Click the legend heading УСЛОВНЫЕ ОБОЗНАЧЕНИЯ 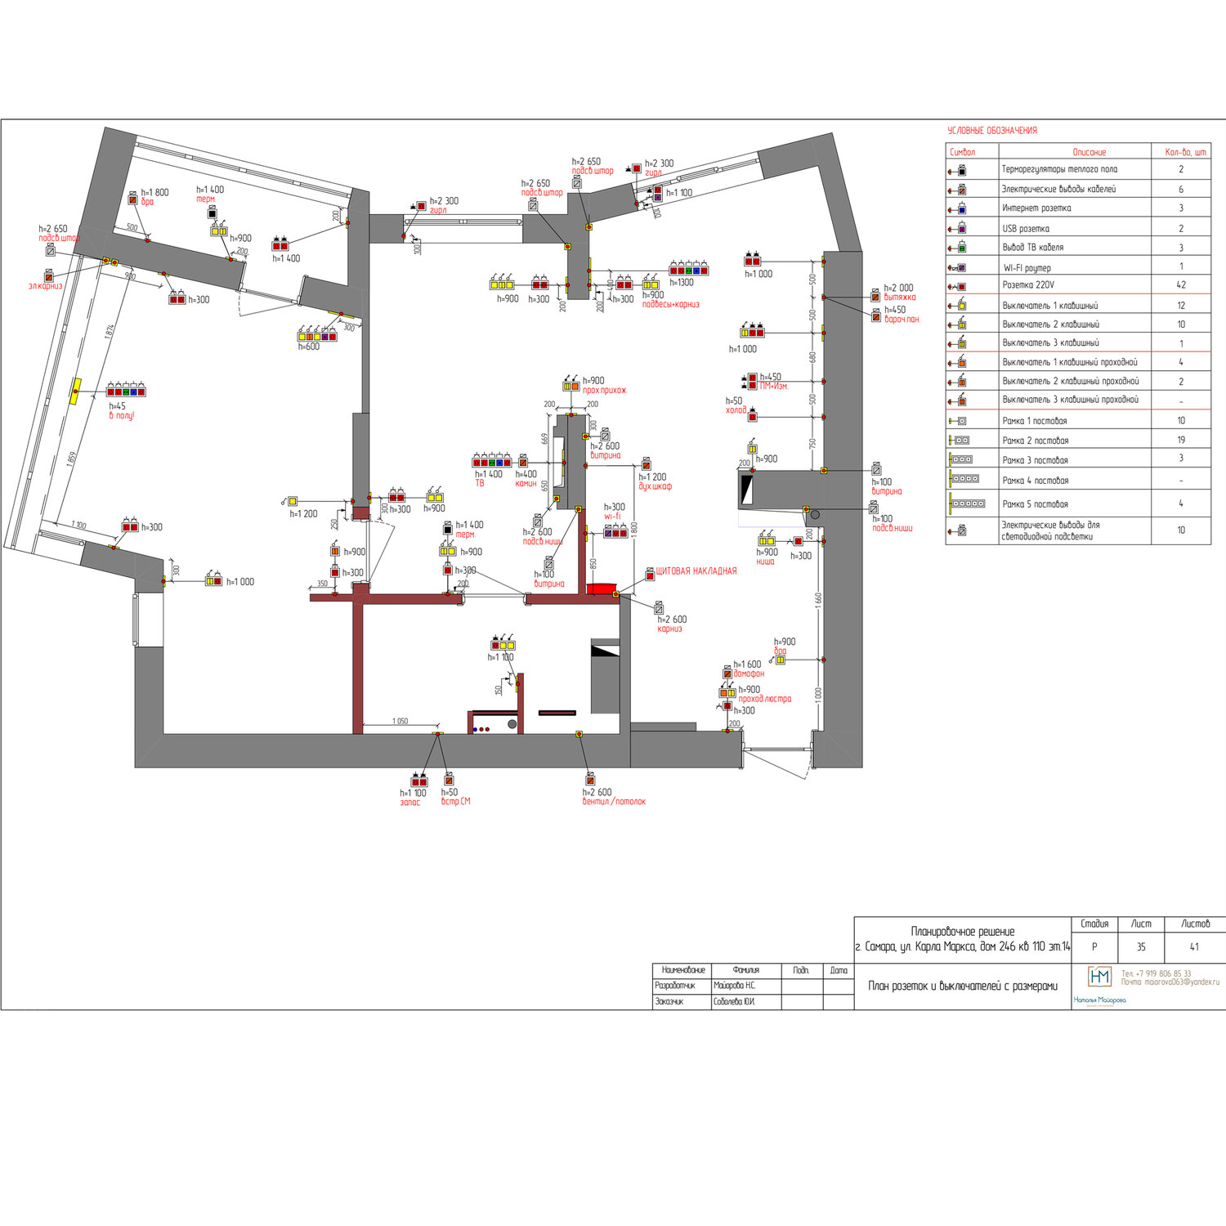[x=991, y=131]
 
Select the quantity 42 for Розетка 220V [x=1180, y=285]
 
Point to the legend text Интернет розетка [x=1036, y=208]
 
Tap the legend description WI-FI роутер [x=1027, y=267]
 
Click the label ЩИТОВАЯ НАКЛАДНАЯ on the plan [x=696, y=571]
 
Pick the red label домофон [x=749, y=673]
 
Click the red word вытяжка [x=900, y=298]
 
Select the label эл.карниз [x=45, y=286]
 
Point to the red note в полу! [x=122, y=416]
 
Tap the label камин [x=526, y=484]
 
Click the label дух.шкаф [x=655, y=486]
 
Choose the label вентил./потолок [x=614, y=802]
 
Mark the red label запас [x=409, y=803]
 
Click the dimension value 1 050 [x=400, y=721]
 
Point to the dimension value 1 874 [x=110, y=332]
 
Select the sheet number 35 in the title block [x=1140, y=946]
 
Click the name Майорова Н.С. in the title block [x=734, y=986]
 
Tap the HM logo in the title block [x=1099, y=977]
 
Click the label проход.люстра [x=764, y=699]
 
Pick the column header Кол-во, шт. [x=1185, y=152]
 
